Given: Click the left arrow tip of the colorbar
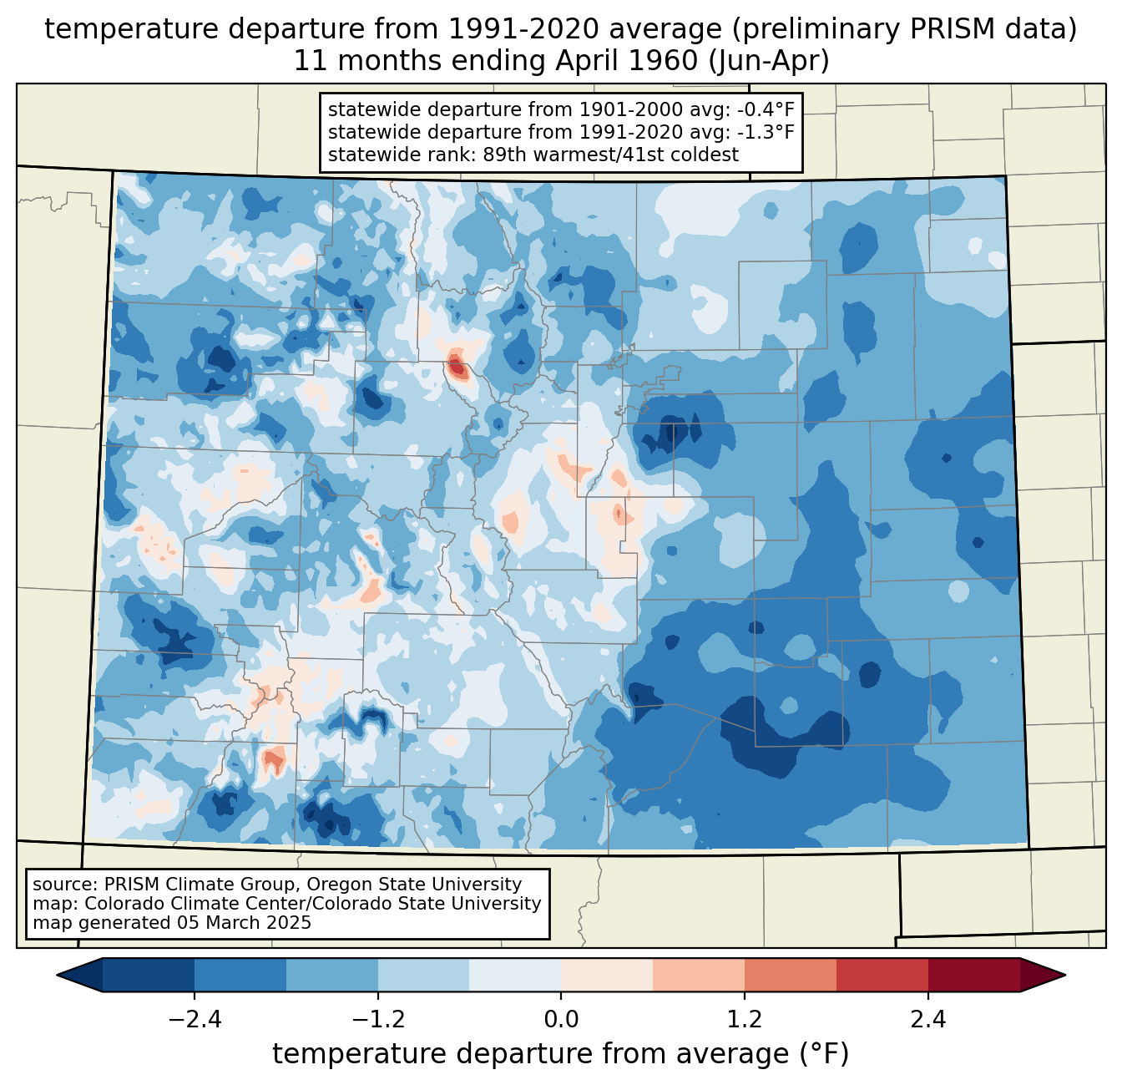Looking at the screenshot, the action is coord(57,976).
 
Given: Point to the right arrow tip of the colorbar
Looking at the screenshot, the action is coord(1065,976).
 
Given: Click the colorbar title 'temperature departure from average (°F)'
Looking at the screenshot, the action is coord(560,1053).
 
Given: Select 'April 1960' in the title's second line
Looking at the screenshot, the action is coord(627,61).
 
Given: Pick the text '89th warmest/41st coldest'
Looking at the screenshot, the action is coord(610,155).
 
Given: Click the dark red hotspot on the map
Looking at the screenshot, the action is coord(456,366).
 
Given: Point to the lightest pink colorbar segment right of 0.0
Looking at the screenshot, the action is coord(607,976).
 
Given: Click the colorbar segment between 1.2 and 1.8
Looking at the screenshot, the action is coord(790,976).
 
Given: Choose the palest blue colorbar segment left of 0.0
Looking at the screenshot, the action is coord(515,976).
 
